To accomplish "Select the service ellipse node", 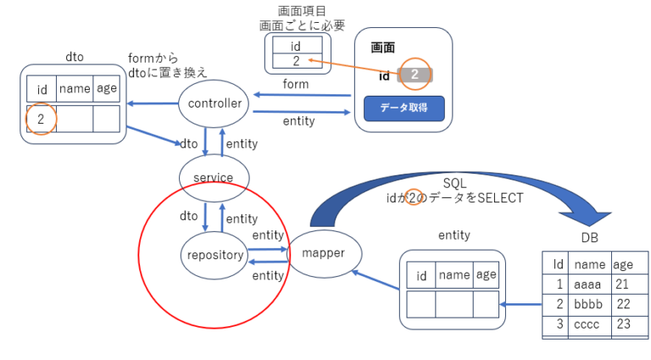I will (214, 176).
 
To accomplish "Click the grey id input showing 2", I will (415, 75).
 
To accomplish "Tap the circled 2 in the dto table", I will (41, 119).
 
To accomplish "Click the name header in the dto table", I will (74, 88).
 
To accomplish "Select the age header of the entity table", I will (486, 274).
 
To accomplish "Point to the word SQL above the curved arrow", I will (454, 183).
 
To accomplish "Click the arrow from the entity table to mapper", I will (376, 280).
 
